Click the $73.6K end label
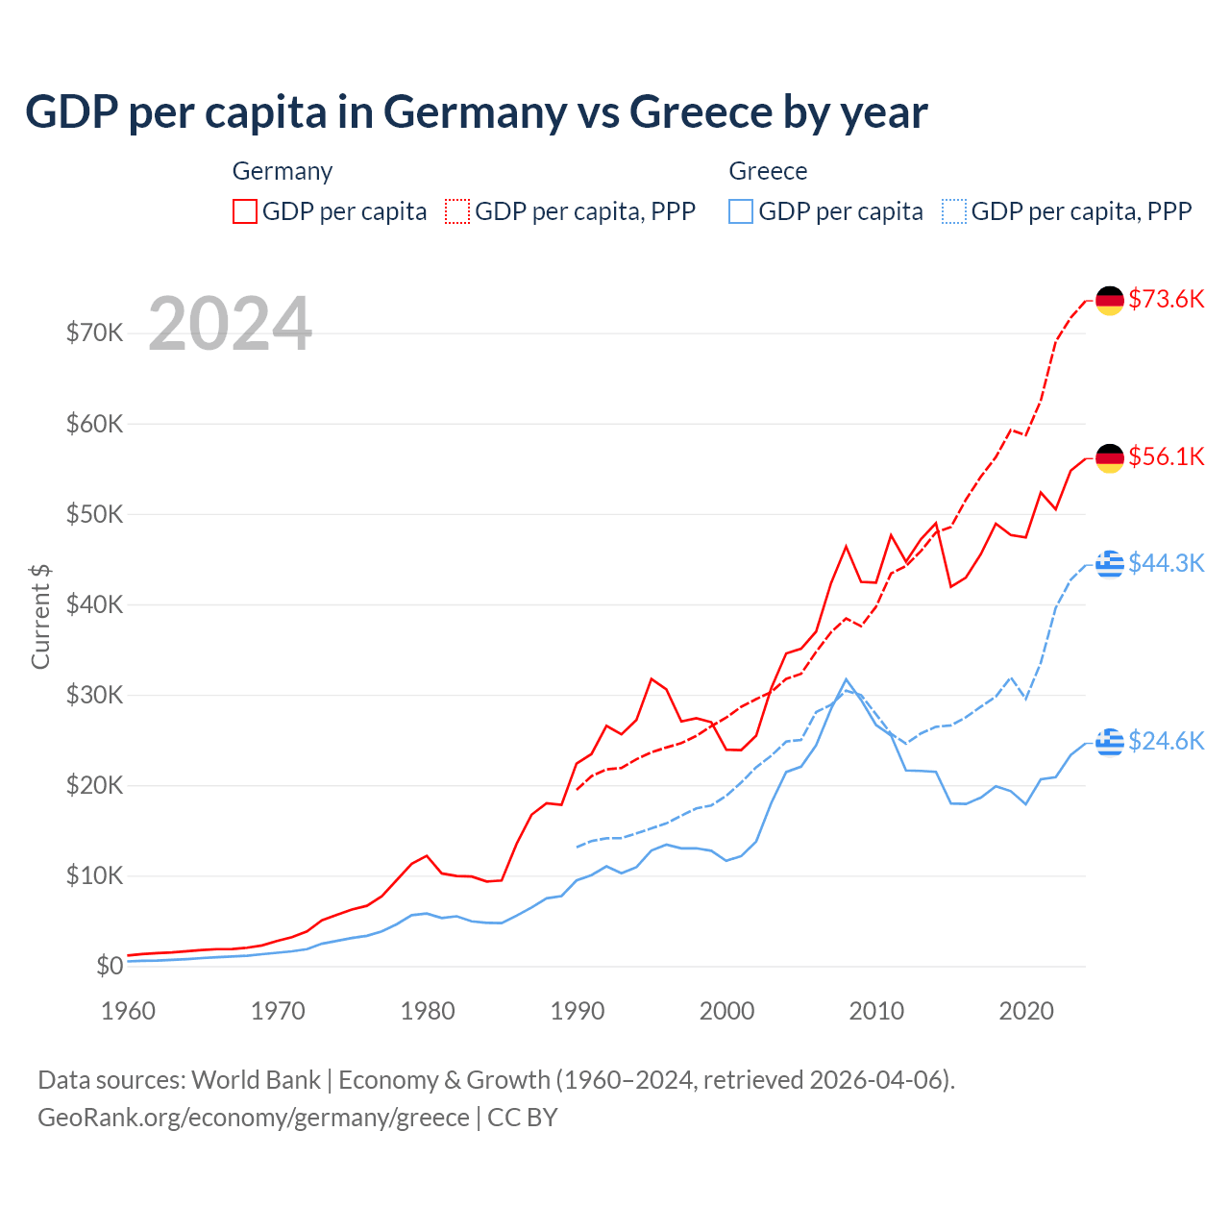1166,299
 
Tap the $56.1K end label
1166,456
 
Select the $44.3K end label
1166,563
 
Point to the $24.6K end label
1166,741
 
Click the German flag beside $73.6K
1110,300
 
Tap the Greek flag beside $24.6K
1110,742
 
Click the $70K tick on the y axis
94,332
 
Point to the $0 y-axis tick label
110,966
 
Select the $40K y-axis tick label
94,604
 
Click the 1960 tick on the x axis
128,1011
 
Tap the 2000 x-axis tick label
726,1011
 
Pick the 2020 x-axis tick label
1026,1011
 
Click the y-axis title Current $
40,616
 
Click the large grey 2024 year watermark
230,324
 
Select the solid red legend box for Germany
245,211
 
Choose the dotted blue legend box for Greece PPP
954,211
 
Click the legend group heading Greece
768,171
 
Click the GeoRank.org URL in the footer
253,1118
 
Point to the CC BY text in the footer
522,1118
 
